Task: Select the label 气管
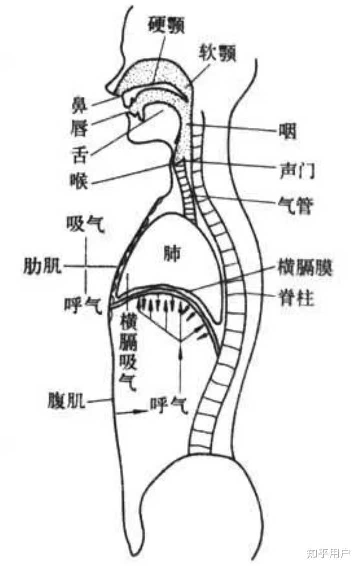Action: click(x=295, y=205)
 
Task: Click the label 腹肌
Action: click(x=65, y=400)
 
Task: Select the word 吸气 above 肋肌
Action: click(x=85, y=226)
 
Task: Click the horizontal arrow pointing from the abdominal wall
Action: click(x=131, y=413)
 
